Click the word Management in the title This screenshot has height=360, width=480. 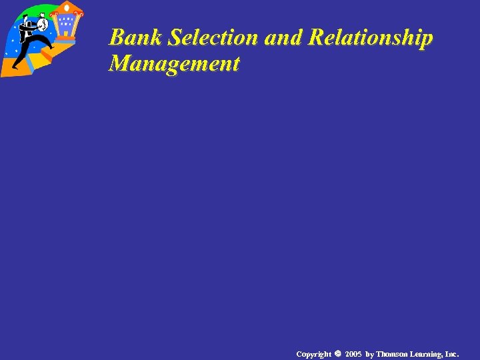[x=174, y=64]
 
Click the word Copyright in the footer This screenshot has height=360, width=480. [x=313, y=353]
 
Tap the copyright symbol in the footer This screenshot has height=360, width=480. [x=337, y=353]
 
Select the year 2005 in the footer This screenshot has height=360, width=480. [x=353, y=353]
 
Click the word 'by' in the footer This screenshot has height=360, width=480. [x=370, y=353]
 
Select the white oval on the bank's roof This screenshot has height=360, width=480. [x=67, y=8]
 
